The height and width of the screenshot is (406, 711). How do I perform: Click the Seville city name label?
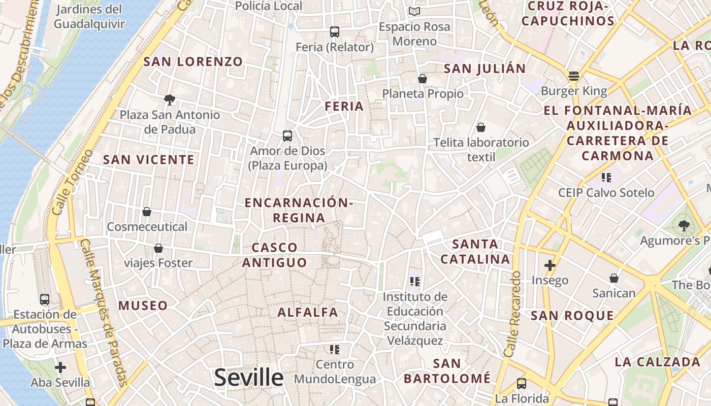[x=248, y=378]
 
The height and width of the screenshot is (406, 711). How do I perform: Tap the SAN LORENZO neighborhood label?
[x=193, y=62]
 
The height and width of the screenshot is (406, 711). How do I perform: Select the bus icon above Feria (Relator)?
[x=334, y=31]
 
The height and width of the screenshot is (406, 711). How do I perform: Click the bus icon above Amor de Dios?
[x=287, y=136]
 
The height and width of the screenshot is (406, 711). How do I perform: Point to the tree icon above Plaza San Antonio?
[x=170, y=99]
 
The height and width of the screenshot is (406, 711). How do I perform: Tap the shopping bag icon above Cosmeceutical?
[x=147, y=211]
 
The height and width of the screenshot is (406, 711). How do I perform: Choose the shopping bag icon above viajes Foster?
[x=158, y=248]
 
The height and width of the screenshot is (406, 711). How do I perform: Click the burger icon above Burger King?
[x=574, y=76]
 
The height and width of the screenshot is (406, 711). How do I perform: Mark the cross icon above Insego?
[x=550, y=265]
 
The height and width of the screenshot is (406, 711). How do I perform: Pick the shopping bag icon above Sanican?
[x=613, y=278]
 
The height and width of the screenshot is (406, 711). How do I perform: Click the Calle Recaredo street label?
[x=513, y=314]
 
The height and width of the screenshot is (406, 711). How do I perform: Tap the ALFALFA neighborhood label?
[x=308, y=313]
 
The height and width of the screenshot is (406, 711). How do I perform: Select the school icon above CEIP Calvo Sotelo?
[x=606, y=177]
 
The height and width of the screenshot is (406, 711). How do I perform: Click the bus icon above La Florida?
[x=521, y=383]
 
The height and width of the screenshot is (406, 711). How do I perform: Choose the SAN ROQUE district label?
[x=572, y=316]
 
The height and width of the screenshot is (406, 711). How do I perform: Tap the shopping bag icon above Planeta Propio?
[x=422, y=79]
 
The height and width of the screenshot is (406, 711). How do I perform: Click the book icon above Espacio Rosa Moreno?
[x=414, y=11]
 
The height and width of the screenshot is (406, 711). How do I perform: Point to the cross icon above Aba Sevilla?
[x=60, y=367]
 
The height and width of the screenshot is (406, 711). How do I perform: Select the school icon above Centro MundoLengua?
[x=334, y=349]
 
